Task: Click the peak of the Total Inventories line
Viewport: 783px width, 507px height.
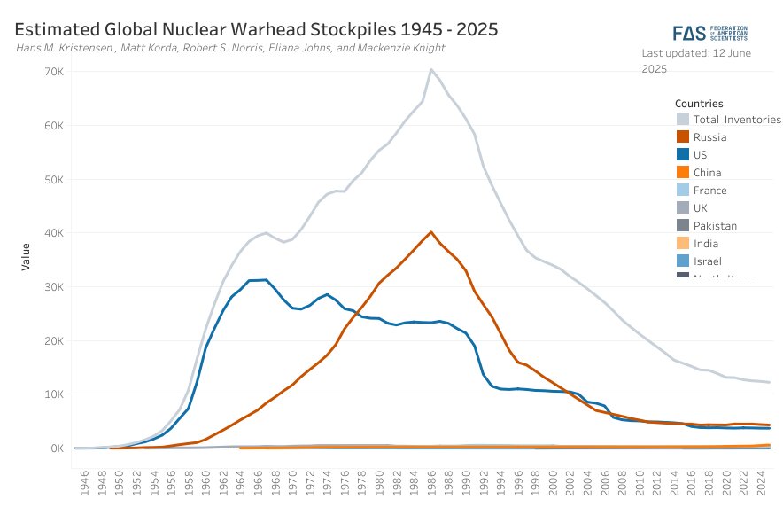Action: pos(430,70)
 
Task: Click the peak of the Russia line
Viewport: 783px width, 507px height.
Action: pos(430,232)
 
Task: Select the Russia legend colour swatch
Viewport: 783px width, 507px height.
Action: pos(682,137)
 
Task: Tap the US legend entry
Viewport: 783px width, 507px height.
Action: pos(700,155)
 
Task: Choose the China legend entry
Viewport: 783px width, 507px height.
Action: pos(707,173)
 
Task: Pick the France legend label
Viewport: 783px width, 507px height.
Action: pos(709,191)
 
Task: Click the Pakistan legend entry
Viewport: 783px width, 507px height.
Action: pos(715,226)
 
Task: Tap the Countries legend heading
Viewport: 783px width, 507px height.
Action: pos(699,104)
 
